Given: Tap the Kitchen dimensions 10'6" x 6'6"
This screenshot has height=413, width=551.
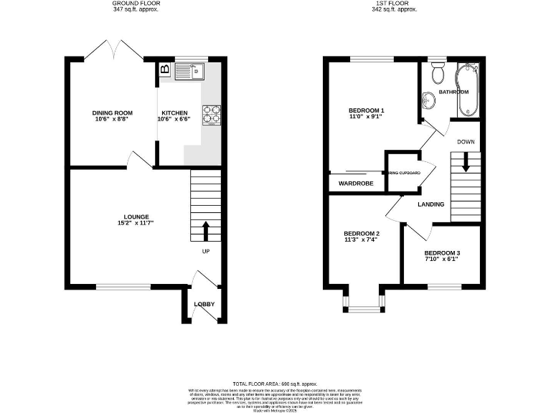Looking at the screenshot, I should pyautogui.click(x=175, y=120).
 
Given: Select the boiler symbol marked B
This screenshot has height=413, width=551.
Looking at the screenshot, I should pyautogui.click(x=164, y=70).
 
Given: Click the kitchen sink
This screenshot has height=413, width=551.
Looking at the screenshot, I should pyautogui.click(x=190, y=70).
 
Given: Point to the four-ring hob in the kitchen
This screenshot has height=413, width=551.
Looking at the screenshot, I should pyautogui.click(x=212, y=115).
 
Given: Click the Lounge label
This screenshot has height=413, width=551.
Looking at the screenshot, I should pyautogui.click(x=136, y=217).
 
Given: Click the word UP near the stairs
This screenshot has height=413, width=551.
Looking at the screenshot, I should pyautogui.click(x=206, y=252).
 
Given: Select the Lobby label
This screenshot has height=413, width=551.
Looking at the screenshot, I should pyautogui.click(x=204, y=304).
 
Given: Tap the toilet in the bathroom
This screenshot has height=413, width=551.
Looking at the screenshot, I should pyautogui.click(x=437, y=74).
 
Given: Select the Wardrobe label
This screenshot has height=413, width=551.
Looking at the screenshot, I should pyautogui.click(x=357, y=184).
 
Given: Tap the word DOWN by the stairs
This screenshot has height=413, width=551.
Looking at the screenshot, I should pyautogui.click(x=466, y=142).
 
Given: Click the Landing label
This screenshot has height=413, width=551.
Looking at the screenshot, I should pyautogui.click(x=430, y=204).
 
